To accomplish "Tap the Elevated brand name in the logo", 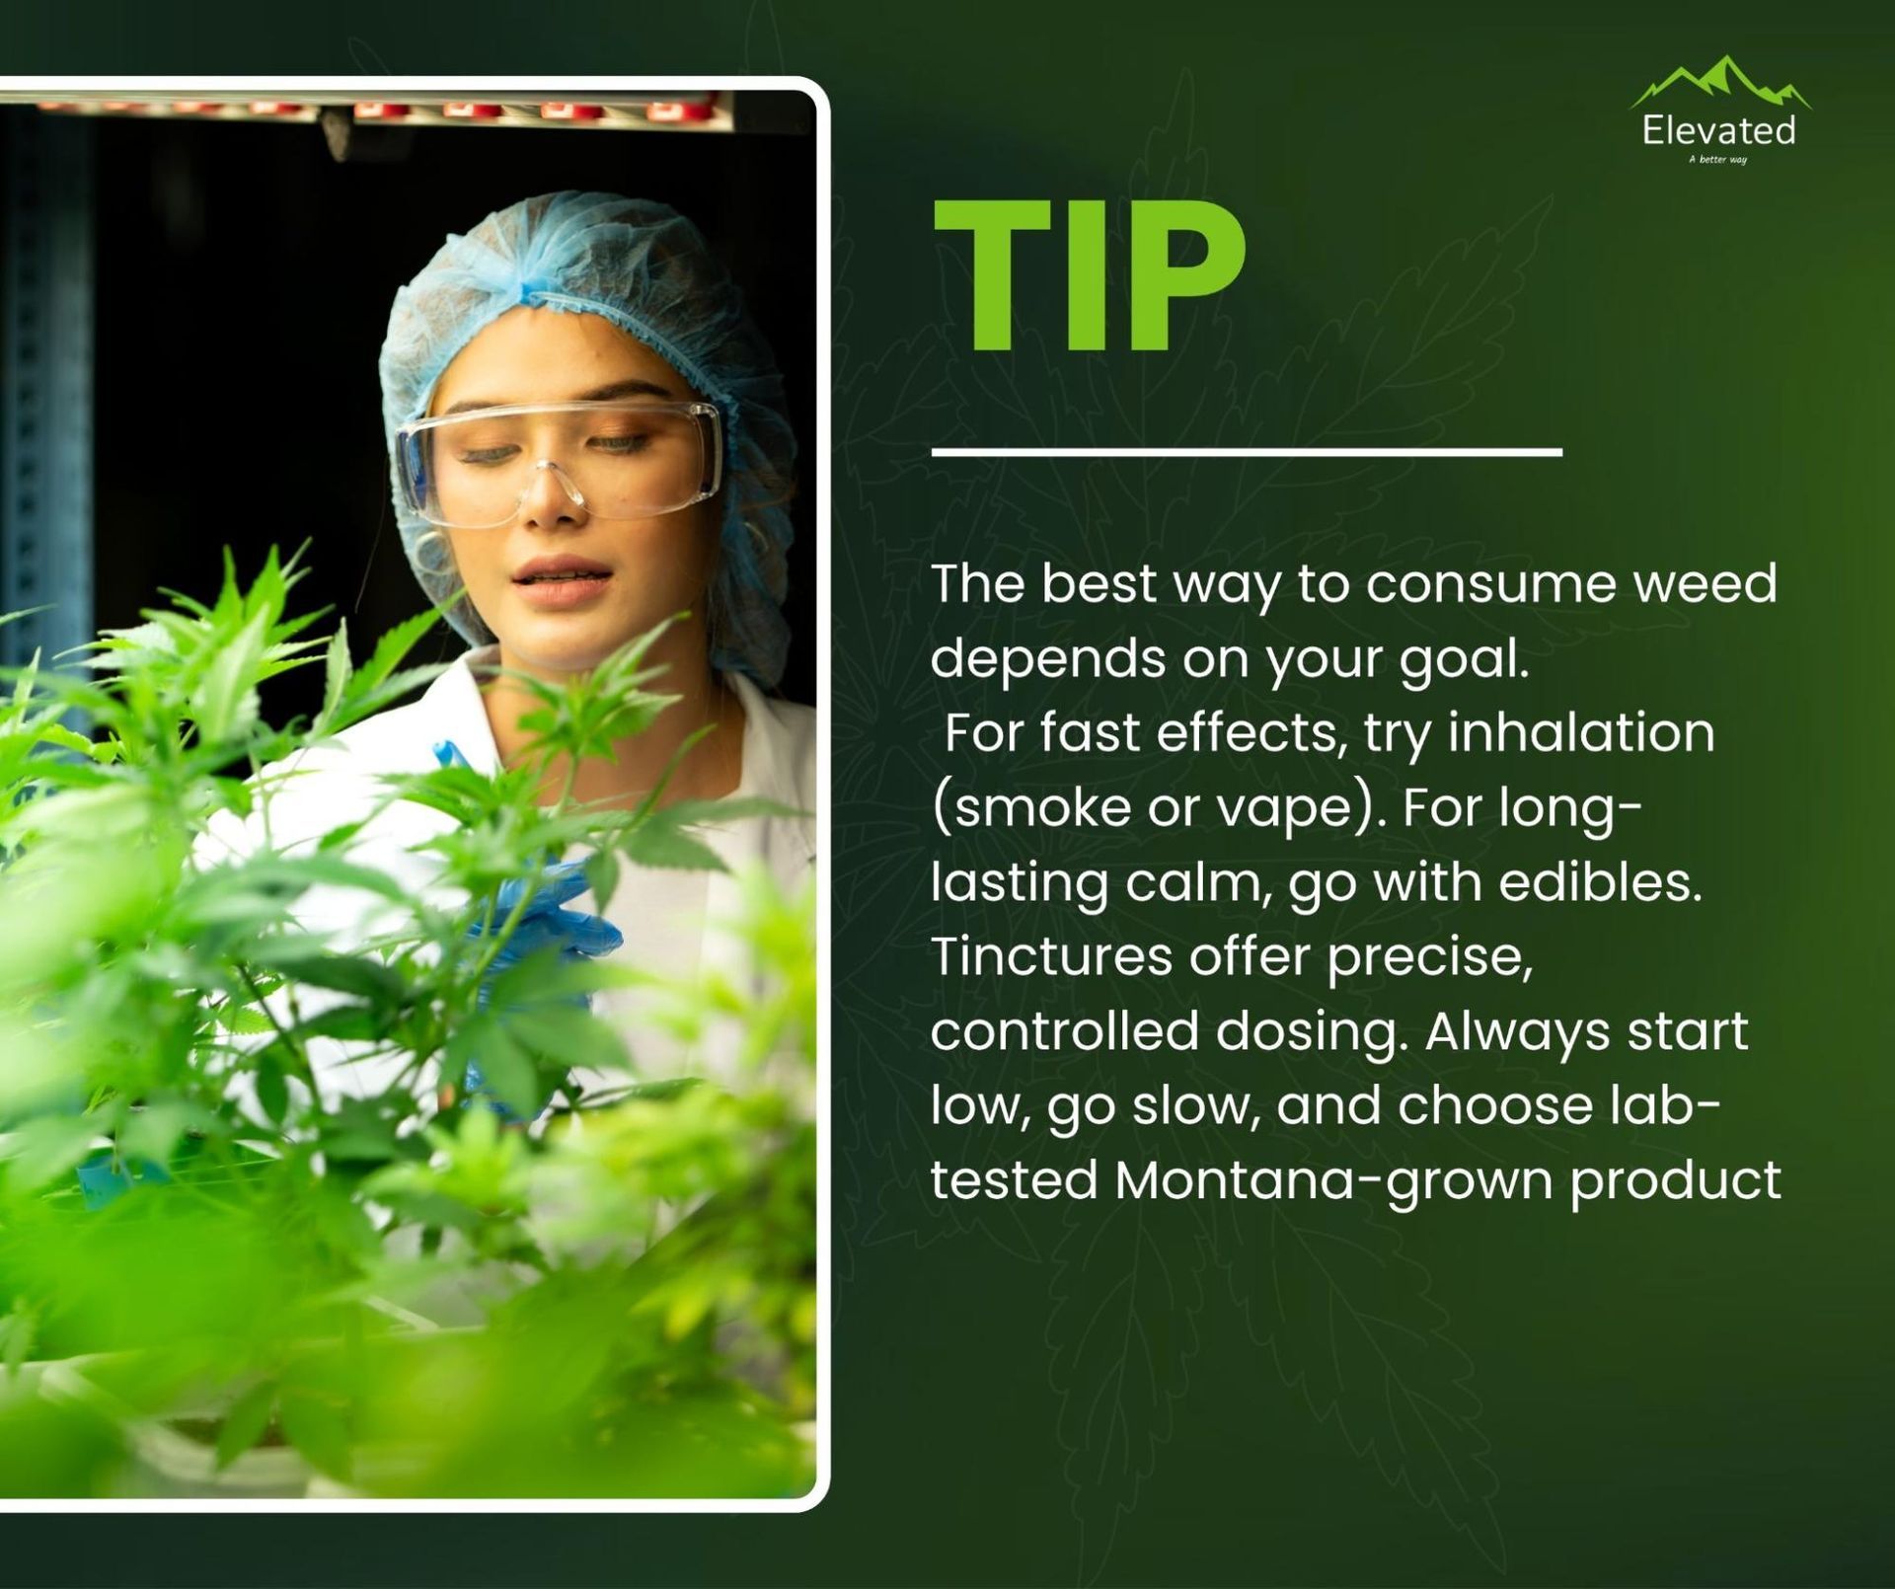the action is (x=1718, y=130).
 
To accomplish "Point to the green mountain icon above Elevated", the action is (x=1720, y=82).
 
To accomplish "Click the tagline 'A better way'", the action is (x=1718, y=159).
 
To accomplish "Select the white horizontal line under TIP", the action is (x=1247, y=452).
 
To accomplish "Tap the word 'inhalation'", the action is (x=1581, y=731).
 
